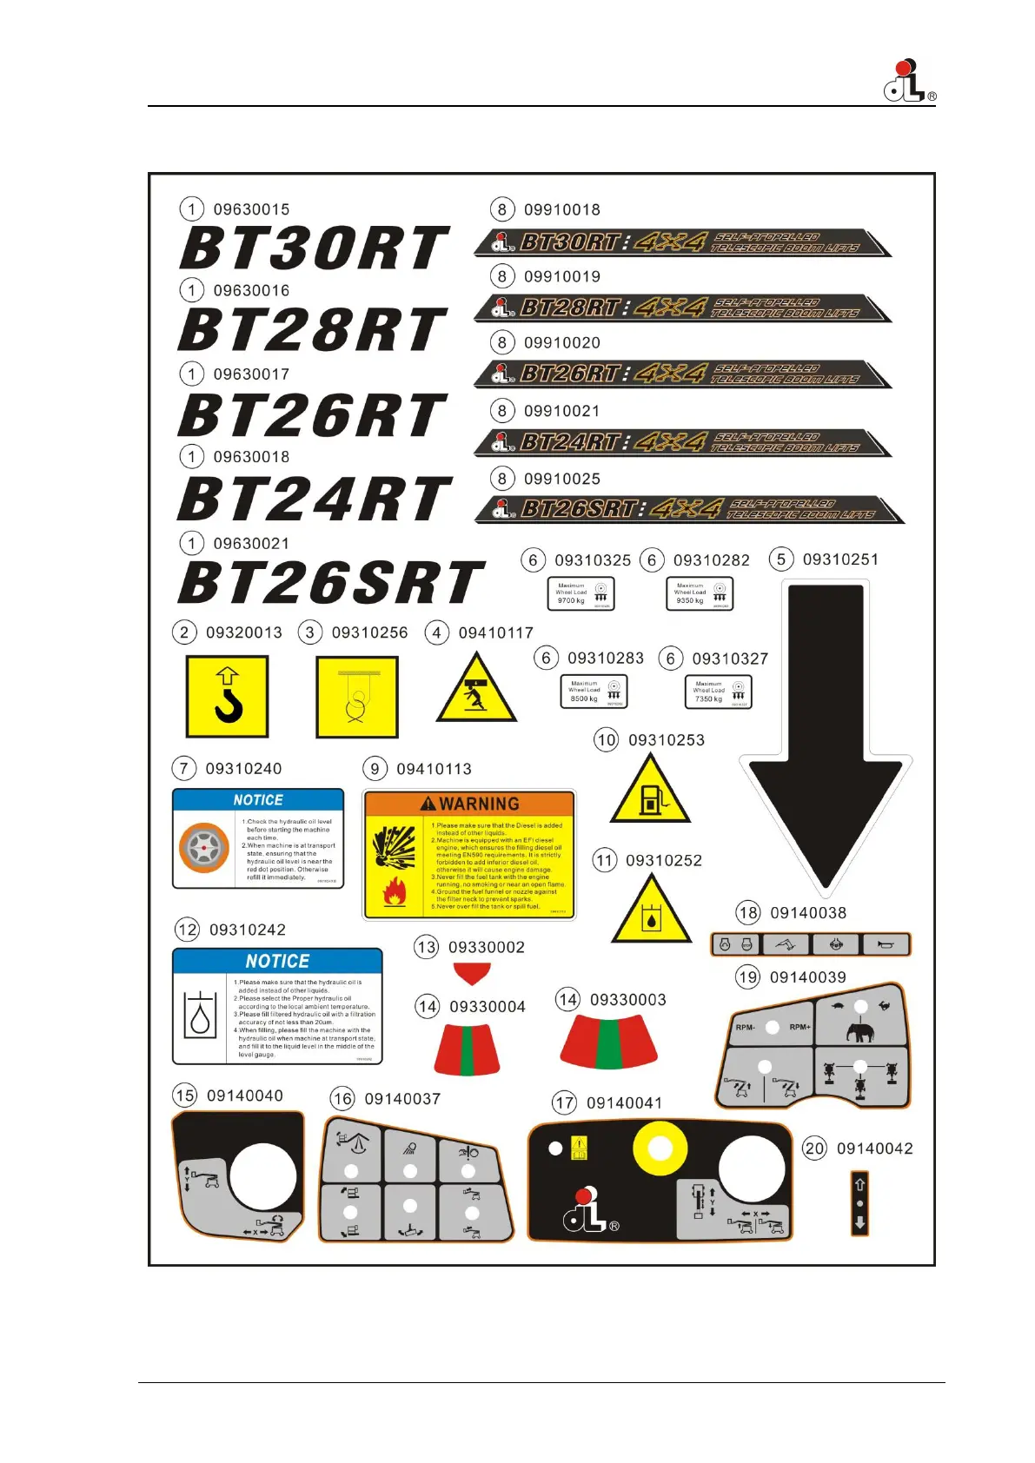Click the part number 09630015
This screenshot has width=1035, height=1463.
251,209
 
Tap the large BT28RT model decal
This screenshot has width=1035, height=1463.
313,330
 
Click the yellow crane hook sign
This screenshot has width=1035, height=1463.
228,696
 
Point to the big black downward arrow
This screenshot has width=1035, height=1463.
825,738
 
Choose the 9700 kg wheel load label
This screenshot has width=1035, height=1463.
581,594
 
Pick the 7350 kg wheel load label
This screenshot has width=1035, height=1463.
718,692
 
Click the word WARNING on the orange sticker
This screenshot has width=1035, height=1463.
479,804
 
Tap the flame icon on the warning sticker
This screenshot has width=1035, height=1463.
395,890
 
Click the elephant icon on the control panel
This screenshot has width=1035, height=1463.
860,1032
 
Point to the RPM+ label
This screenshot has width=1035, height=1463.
799,1027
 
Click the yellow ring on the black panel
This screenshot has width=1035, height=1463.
660,1149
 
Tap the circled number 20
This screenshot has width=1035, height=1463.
814,1149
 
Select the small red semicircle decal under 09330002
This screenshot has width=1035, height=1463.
472,973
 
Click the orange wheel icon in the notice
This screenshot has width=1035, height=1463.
203,847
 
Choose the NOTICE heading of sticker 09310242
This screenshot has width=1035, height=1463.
277,961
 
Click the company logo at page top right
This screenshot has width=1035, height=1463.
908,83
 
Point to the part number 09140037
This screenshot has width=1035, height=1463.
402,1099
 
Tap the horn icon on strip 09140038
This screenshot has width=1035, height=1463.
886,944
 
